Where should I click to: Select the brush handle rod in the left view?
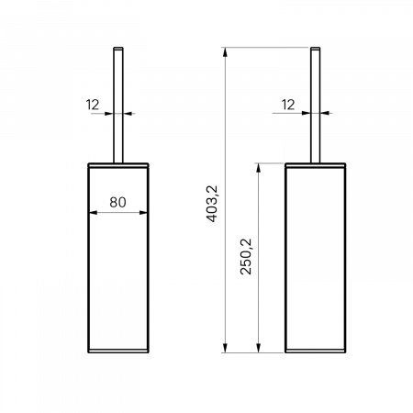[117, 110]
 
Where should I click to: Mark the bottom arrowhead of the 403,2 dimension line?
[227, 350]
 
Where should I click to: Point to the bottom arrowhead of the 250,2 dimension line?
[261, 350]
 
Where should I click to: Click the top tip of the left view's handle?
[117, 46]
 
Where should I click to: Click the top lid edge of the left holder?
[117, 164]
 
